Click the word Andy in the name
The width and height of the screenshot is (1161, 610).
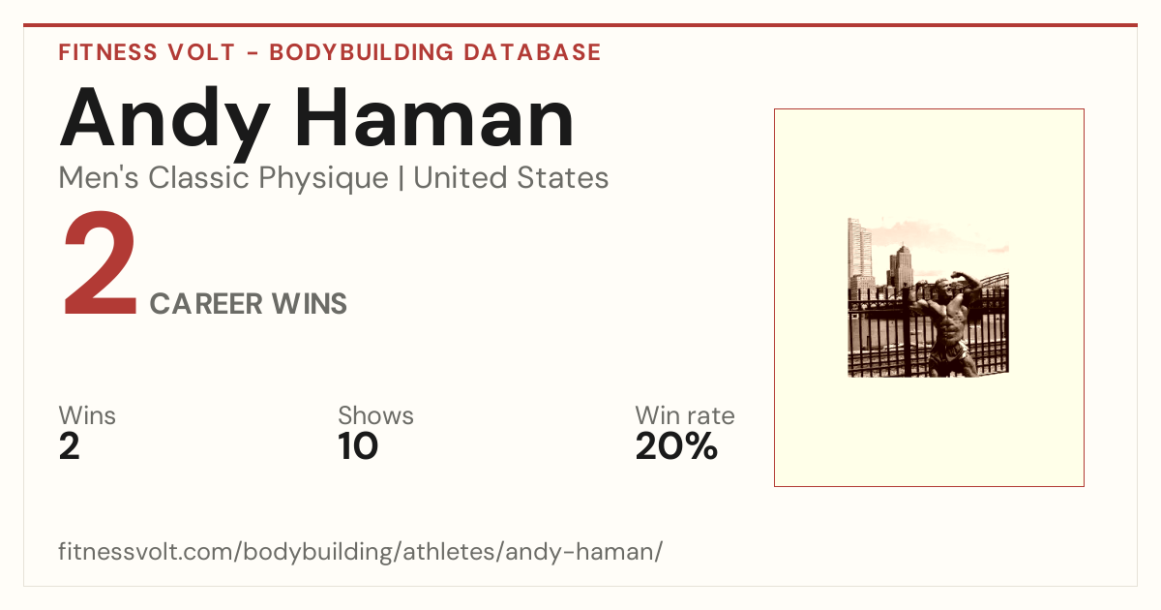pyautogui.click(x=164, y=121)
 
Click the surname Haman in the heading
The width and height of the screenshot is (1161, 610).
pyautogui.click(x=434, y=117)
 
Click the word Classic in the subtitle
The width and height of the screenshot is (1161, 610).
pyautogui.click(x=198, y=178)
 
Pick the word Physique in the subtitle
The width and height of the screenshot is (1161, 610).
pyautogui.click(x=323, y=179)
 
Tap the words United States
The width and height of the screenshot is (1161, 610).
pyautogui.click(x=511, y=178)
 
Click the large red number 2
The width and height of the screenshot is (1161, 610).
pyautogui.click(x=100, y=263)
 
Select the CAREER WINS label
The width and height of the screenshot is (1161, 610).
pyautogui.click(x=249, y=303)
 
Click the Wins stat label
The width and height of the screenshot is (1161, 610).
pyautogui.click(x=87, y=415)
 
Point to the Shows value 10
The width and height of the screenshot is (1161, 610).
pyautogui.click(x=358, y=446)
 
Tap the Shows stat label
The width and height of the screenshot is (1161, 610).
pyautogui.click(x=375, y=415)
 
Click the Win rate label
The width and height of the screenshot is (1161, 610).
pyautogui.click(x=685, y=415)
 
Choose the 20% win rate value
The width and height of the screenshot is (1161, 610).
pyautogui.click(x=676, y=446)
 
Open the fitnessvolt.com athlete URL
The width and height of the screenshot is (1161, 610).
pyautogui.click(x=360, y=551)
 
